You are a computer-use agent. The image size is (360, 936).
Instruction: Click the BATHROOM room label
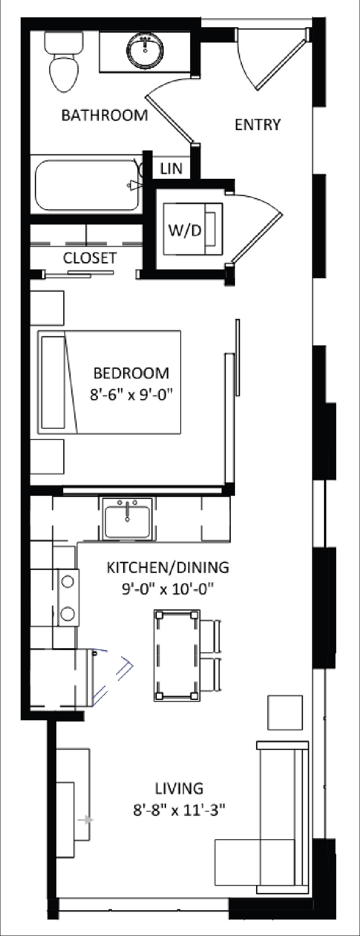click(x=104, y=115)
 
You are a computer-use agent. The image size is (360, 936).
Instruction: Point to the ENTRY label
click(x=257, y=124)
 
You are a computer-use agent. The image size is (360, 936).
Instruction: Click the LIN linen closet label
click(x=171, y=168)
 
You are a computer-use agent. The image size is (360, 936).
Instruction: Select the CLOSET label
click(x=90, y=258)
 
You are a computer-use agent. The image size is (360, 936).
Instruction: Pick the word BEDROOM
click(x=132, y=373)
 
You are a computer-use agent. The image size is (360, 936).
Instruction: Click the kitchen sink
click(x=127, y=519)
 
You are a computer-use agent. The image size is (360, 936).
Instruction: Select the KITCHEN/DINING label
click(x=168, y=567)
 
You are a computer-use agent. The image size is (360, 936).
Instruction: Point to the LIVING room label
click(x=179, y=789)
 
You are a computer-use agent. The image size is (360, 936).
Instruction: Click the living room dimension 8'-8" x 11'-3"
click(x=179, y=810)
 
